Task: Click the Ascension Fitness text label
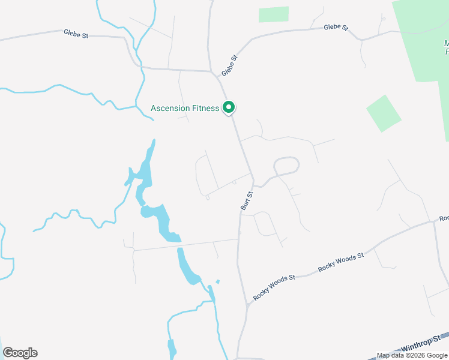click(184, 109)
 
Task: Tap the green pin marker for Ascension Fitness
click(229, 107)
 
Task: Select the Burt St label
click(247, 200)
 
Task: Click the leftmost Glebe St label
click(76, 34)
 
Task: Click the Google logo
click(20, 353)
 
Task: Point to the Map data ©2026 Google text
click(412, 355)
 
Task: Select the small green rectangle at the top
click(274, 14)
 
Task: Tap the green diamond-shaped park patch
click(383, 113)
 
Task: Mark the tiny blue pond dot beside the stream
click(217, 281)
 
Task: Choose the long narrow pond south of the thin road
click(187, 266)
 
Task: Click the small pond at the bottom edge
click(172, 349)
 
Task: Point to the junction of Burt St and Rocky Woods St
click(247, 305)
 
